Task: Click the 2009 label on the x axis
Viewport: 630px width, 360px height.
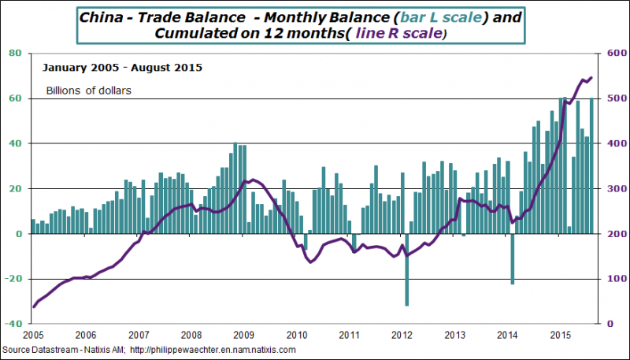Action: coord(244,334)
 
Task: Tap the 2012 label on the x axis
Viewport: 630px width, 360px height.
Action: coord(403,334)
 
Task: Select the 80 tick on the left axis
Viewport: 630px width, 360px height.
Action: coord(14,54)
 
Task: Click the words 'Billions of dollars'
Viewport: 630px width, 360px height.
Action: coord(88,90)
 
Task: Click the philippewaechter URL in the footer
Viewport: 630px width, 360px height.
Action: coord(212,349)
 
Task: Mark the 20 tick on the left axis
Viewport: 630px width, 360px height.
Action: coord(14,189)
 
